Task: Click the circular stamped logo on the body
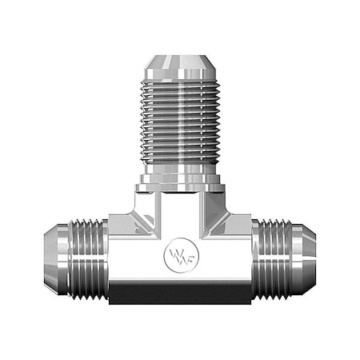click(179, 255)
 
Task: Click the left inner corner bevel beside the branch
click(143, 216)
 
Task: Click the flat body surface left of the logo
click(136, 256)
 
